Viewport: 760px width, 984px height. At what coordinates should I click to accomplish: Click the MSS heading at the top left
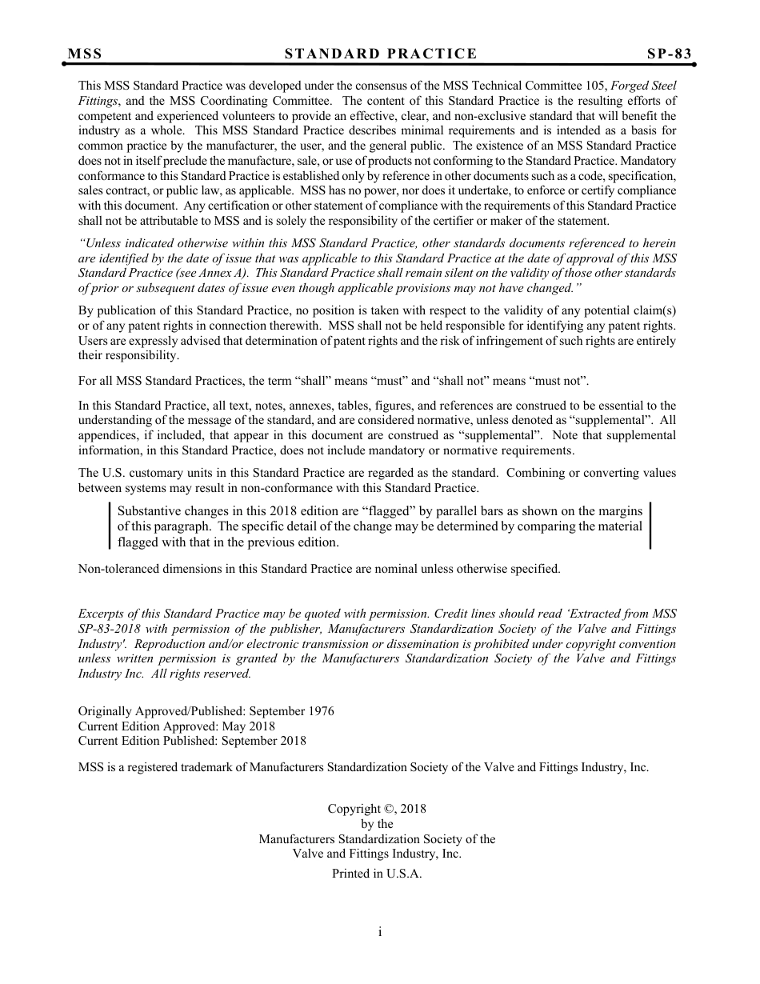pyautogui.click(x=85, y=54)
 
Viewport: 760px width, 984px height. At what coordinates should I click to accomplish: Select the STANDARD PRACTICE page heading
pyautogui.click(x=381, y=54)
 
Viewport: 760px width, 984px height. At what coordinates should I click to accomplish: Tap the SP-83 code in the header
pyautogui.click(x=669, y=54)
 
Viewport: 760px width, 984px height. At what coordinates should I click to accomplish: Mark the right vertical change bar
pyautogui.click(x=650, y=526)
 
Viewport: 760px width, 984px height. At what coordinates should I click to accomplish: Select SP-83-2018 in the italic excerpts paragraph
pyautogui.click(x=111, y=629)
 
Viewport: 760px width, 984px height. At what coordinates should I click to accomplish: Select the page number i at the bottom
pyautogui.click(x=380, y=931)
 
